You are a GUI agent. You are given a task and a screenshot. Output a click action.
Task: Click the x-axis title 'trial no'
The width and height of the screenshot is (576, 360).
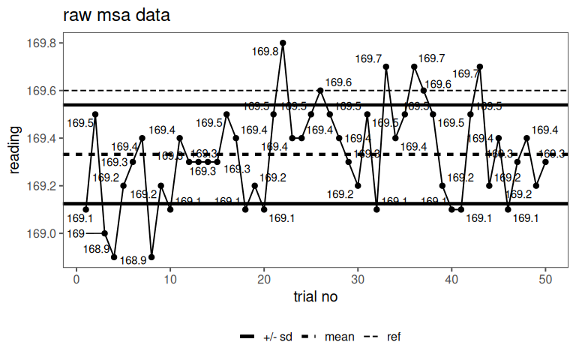315,297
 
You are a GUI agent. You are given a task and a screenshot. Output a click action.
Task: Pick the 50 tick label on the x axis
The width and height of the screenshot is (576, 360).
546,278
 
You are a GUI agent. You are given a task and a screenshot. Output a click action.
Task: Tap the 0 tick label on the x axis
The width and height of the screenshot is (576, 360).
76,278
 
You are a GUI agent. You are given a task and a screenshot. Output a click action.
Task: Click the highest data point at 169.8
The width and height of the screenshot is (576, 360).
283,43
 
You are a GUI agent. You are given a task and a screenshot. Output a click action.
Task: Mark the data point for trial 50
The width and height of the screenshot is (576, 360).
546,162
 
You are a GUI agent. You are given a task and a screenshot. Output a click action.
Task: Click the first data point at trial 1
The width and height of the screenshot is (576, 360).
86,209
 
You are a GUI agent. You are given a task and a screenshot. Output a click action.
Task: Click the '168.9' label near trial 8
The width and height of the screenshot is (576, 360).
133,261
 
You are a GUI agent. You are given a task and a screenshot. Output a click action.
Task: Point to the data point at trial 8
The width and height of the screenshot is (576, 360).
151,257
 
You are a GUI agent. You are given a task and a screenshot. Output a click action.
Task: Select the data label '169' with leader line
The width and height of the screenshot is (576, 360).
75,233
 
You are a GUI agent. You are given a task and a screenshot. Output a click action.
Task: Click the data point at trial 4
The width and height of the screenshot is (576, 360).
114,257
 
